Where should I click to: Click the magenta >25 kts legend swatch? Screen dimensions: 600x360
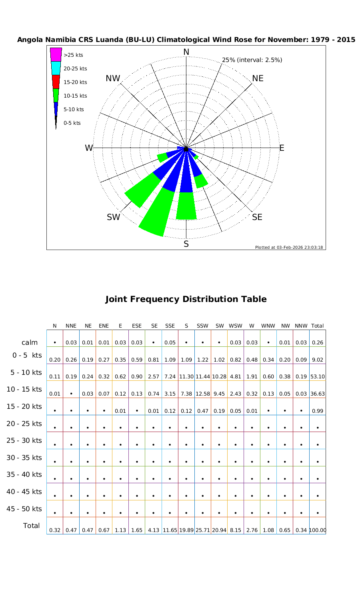[x=56, y=54]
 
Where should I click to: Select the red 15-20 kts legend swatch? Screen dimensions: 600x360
[x=56, y=82]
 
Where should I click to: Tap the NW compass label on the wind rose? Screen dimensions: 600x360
[x=113, y=79]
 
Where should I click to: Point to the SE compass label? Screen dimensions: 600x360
[x=257, y=217]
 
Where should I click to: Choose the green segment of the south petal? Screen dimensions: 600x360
[x=186, y=206]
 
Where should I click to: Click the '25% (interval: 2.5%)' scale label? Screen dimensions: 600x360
[x=252, y=60]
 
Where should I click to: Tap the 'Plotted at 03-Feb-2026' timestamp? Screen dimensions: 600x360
[x=289, y=247]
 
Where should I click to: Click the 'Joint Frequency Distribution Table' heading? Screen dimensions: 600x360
[x=186, y=299]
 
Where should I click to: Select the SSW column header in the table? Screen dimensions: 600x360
[x=203, y=326]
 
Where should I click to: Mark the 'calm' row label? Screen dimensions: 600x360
[x=30, y=342]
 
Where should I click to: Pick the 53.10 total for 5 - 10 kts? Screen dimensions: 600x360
[x=317, y=376]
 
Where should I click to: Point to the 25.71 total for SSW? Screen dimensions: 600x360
[x=203, y=530]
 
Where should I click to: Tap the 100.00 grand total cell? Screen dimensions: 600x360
[x=317, y=530]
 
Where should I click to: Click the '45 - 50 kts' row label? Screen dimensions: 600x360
[x=24, y=509]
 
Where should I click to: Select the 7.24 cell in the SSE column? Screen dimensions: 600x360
[x=170, y=376]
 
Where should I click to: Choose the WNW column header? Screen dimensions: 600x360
[x=268, y=326]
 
